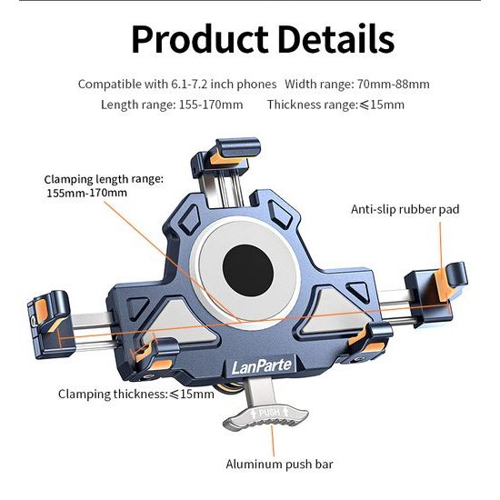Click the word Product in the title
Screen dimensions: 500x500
(200, 39)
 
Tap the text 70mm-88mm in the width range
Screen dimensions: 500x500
(393, 85)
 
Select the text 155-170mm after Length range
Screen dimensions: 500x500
(211, 105)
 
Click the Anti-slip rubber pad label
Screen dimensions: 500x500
(405, 209)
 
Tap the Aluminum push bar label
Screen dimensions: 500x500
(279, 465)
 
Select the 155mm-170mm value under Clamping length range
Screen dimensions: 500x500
(86, 193)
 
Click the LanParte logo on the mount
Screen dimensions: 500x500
(262, 366)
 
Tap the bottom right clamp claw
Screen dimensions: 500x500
(372, 344)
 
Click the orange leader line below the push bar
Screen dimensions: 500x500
(273, 441)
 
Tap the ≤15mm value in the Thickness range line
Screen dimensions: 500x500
(382, 105)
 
